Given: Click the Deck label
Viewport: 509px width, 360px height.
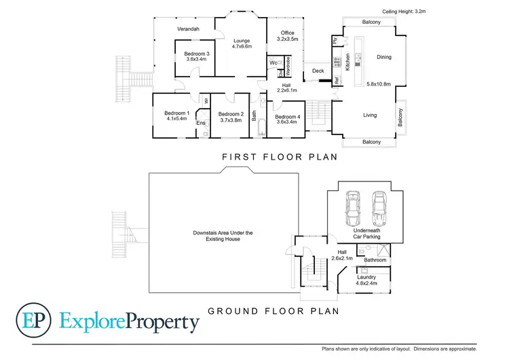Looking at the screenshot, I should pyautogui.click(x=317, y=71).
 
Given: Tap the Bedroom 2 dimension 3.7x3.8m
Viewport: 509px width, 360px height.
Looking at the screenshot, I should pyautogui.click(x=231, y=120).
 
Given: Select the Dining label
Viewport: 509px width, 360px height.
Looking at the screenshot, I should pyautogui.click(x=384, y=57).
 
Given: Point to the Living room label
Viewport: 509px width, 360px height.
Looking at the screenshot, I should pyautogui.click(x=369, y=115).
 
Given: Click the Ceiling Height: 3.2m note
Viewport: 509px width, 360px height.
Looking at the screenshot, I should pyautogui.click(x=404, y=11).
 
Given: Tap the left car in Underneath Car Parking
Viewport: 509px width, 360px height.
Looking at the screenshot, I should pyautogui.click(x=353, y=209).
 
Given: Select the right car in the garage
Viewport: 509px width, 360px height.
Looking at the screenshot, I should pyautogui.click(x=379, y=209).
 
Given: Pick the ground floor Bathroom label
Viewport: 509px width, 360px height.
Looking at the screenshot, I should pyautogui.click(x=375, y=260).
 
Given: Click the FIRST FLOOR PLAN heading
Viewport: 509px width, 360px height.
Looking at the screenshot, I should pyautogui.click(x=280, y=157).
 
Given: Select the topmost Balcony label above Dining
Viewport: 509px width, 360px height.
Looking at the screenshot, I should pyautogui.click(x=371, y=22).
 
